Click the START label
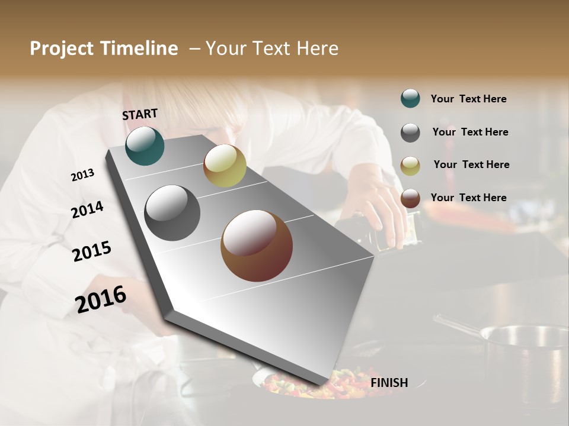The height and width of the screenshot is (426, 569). coord(140,114)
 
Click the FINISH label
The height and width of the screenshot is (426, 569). coord(389,383)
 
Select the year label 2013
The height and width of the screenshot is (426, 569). coord(82,175)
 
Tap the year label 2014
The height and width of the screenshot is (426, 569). coord(87,210)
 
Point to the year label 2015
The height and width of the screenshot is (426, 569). coord(92,251)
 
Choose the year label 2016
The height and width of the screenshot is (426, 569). coord(101,299)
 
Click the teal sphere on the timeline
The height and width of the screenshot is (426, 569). coord(145,146)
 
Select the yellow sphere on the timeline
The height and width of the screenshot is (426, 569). coord(225,166)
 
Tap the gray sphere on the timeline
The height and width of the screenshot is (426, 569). coord(172,213)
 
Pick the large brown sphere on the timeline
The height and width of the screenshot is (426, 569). coord(257,246)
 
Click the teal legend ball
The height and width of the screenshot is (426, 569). coord(410,98)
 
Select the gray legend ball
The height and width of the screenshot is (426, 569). coord(410,133)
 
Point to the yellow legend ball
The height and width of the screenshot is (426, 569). coord(410,166)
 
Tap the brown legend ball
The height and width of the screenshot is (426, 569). coord(410,198)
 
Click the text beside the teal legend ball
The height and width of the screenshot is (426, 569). coord(468,99)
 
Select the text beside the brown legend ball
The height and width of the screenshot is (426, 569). coord(468,198)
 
